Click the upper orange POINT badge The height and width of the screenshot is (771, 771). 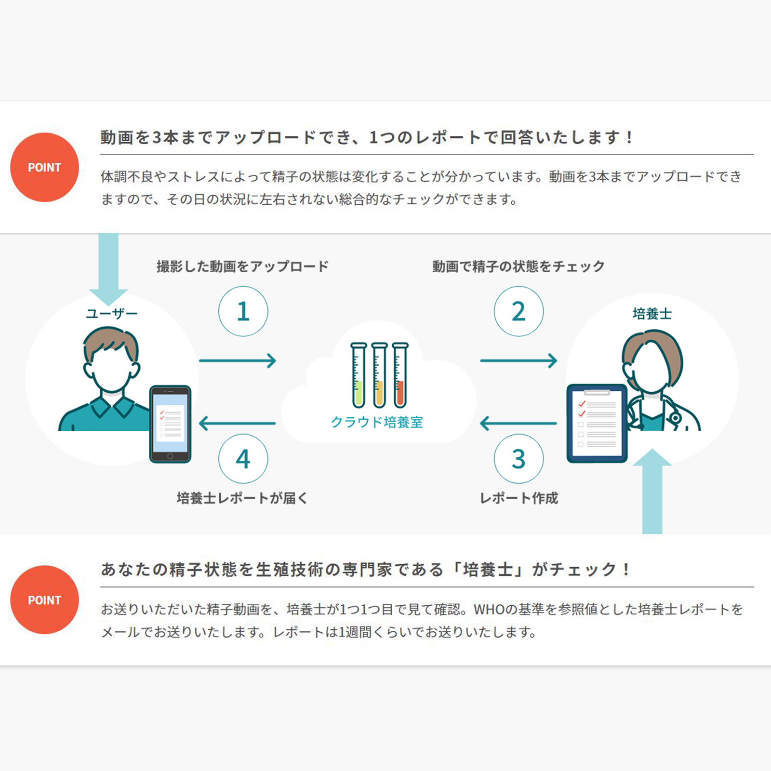click(x=44, y=167)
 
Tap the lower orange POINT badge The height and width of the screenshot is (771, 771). click(x=44, y=600)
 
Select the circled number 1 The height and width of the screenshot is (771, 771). click(x=243, y=311)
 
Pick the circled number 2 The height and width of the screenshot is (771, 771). click(x=518, y=311)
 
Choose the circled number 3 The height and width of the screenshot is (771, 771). click(x=518, y=459)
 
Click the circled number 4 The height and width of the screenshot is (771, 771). click(x=243, y=459)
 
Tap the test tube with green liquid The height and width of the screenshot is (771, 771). click(x=359, y=375)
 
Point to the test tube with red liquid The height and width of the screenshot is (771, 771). click(x=400, y=375)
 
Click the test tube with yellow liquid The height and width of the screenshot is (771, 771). click(x=379, y=375)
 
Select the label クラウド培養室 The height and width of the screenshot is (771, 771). click(x=377, y=422)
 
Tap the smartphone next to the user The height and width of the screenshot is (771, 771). click(x=170, y=424)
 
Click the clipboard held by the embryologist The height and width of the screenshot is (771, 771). click(x=597, y=423)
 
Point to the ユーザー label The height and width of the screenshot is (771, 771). click(x=112, y=314)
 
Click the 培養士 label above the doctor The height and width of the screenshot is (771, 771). click(x=652, y=314)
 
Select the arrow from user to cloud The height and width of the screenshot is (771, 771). click(x=238, y=360)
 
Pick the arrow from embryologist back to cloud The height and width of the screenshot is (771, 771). click(x=518, y=424)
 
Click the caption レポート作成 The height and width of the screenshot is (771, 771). click(x=519, y=498)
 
